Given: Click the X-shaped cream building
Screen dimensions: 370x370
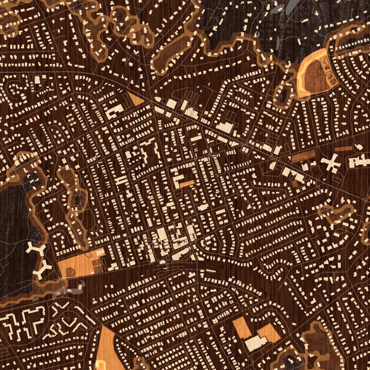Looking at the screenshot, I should [331, 163].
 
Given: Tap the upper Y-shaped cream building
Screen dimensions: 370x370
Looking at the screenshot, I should [36, 249].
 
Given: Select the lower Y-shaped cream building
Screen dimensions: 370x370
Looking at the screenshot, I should [42, 269].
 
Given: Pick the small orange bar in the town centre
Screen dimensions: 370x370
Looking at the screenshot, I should [186, 183].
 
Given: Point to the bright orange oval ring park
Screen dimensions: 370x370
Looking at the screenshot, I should [313, 73].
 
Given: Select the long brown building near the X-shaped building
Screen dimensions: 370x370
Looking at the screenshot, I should [303, 156].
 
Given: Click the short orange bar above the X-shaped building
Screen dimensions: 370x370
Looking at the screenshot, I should [343, 149].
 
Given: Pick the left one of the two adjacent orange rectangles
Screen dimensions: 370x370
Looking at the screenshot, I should [242, 328].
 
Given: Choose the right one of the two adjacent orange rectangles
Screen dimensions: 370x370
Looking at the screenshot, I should [269, 333].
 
